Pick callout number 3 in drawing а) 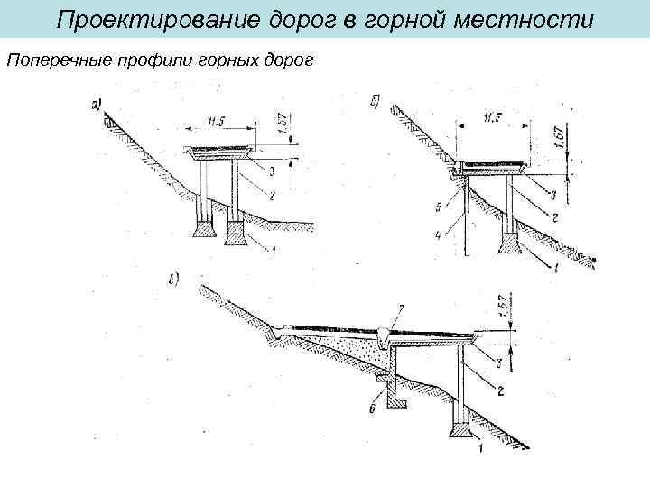click(x=272, y=169)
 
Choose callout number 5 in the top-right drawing click(x=439, y=207)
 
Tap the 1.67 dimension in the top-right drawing click(x=559, y=138)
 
